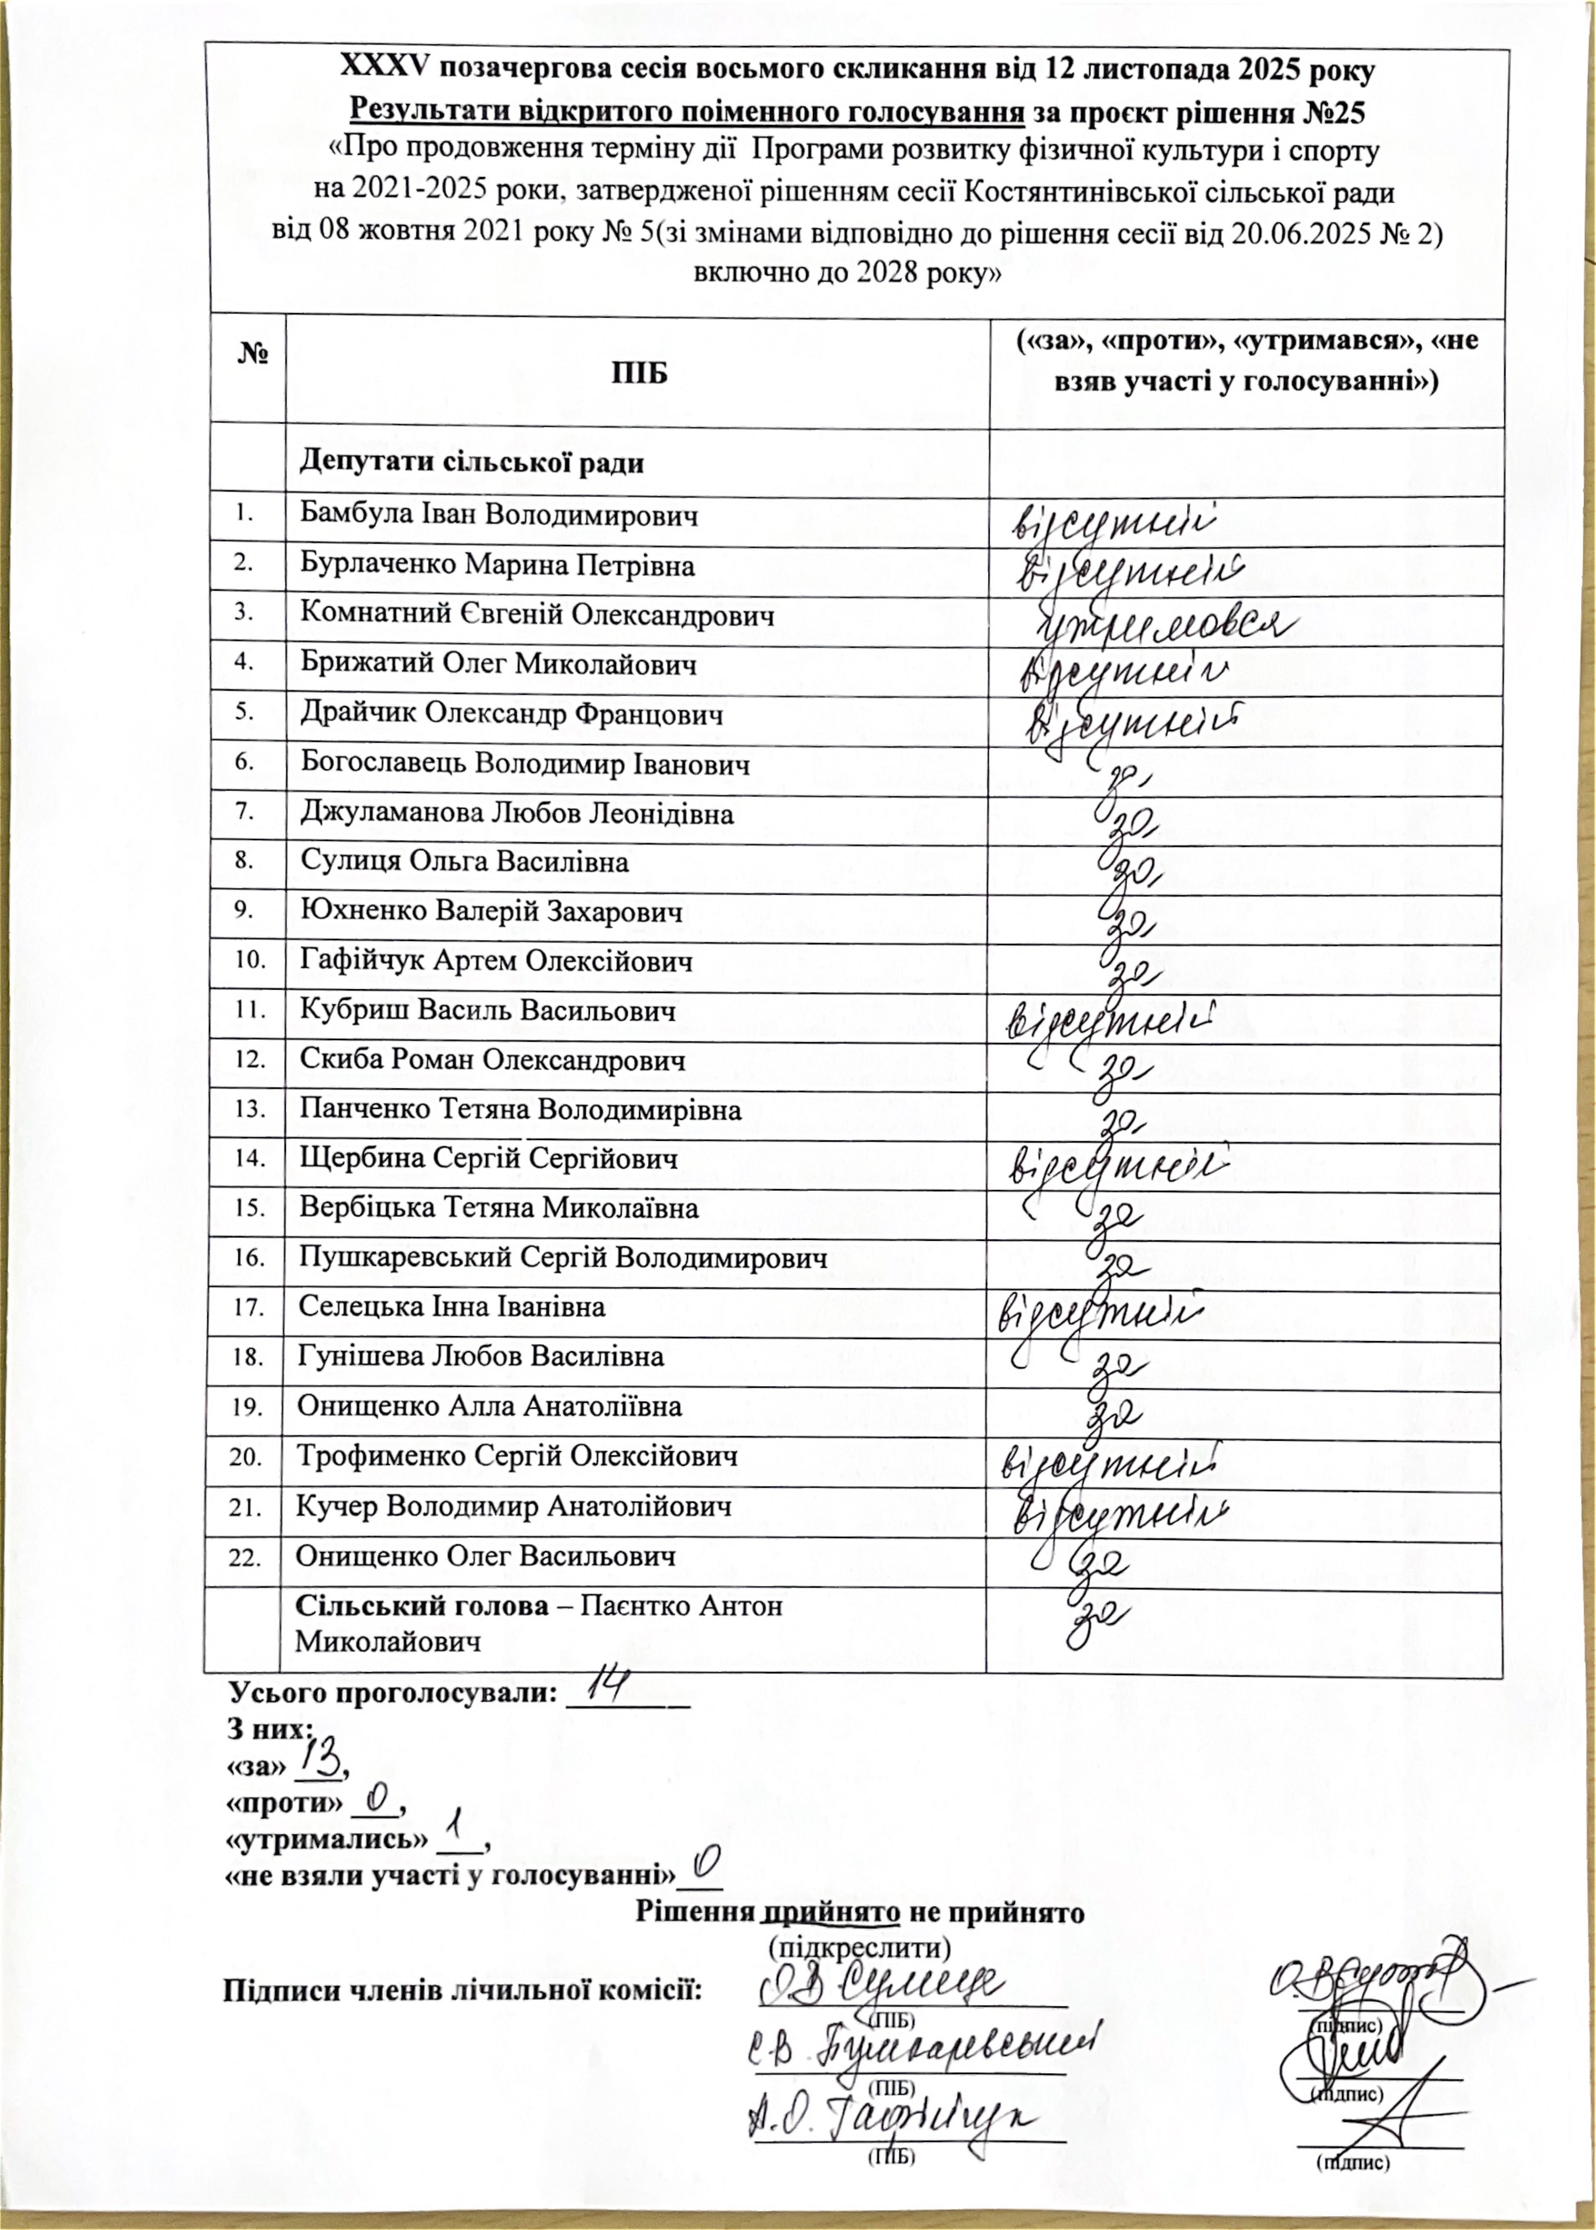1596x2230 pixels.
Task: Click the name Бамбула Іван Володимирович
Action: (499, 515)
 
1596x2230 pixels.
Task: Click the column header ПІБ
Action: (639, 373)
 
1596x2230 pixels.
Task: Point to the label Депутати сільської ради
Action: (472, 461)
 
